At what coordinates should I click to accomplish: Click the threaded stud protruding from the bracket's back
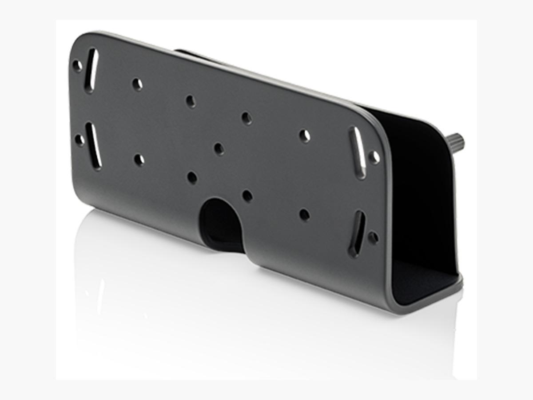[x=458, y=142]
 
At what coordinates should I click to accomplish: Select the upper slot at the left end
[x=91, y=70]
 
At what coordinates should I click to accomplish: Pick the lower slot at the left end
[x=94, y=146]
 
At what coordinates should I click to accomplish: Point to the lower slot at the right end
[x=357, y=233]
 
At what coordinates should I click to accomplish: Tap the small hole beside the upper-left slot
[x=77, y=66]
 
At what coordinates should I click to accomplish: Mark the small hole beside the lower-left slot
[x=80, y=140]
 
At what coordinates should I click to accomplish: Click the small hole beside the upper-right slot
[x=374, y=156]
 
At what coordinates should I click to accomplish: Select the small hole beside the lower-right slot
[x=374, y=238]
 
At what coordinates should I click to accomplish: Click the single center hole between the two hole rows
[x=219, y=148]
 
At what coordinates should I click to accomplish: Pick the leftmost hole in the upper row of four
[x=137, y=84]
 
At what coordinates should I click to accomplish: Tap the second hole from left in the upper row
[x=191, y=101]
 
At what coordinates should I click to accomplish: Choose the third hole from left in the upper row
[x=247, y=118]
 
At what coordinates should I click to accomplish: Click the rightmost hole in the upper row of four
[x=304, y=136]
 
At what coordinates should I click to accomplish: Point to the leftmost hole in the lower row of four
[x=139, y=160]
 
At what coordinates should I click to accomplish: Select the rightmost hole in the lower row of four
[x=304, y=215]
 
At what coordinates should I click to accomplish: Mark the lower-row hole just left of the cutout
[x=192, y=178]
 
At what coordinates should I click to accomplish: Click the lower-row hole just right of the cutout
[x=247, y=196]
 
